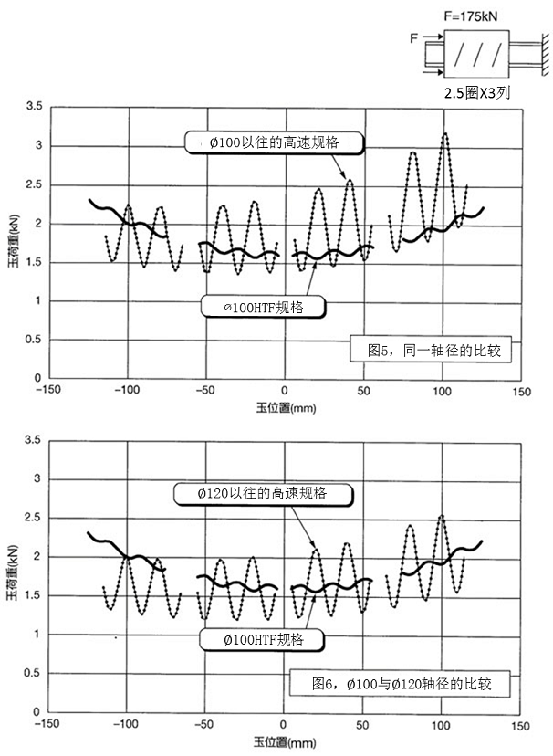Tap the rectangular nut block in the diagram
[x=472, y=57]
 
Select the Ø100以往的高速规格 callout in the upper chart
[x=273, y=142]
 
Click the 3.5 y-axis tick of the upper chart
[x=34, y=108]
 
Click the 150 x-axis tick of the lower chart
[x=519, y=725]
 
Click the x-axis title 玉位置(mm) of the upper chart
[x=285, y=402]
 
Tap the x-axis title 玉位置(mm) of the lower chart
[x=285, y=735]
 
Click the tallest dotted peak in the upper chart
[x=445, y=135]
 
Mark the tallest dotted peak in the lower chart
[x=442, y=517]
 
